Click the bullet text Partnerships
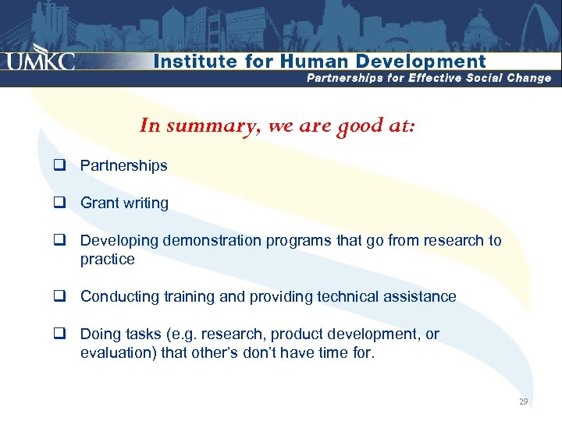pos(123,166)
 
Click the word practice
pos(107,260)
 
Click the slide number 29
pos(523,402)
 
